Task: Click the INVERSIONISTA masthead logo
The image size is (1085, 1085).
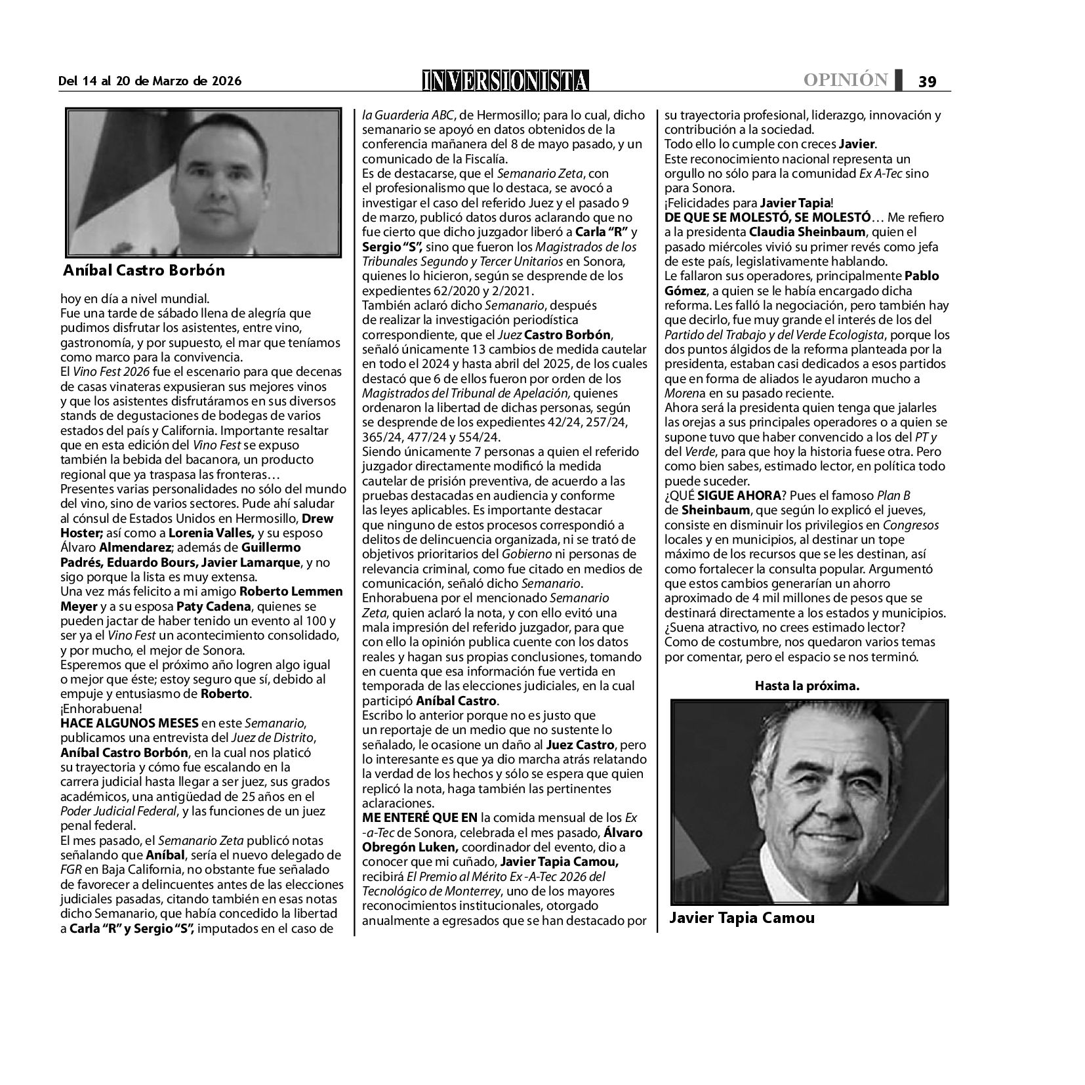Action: (505, 80)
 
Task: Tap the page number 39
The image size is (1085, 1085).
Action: (927, 81)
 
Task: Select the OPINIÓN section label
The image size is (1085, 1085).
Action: (846, 80)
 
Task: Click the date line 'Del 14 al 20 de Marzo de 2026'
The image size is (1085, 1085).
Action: (150, 81)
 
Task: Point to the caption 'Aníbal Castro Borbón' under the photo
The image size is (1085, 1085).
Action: (144, 270)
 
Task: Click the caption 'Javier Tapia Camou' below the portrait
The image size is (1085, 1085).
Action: (741, 918)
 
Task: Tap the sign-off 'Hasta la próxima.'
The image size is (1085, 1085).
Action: (807, 686)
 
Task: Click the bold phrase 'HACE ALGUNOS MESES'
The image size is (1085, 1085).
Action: (129, 724)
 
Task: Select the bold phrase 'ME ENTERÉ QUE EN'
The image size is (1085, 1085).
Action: (420, 818)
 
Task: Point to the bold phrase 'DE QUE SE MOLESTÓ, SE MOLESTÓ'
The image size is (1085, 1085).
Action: (768, 217)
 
